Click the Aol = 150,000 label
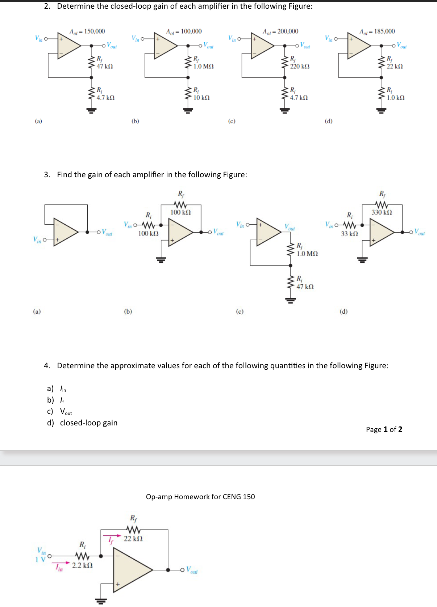coord(87,31)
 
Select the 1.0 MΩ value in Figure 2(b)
coord(203,66)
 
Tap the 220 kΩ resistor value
coord(300,66)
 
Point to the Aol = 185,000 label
coord(377,31)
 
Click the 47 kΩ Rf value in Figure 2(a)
coord(105,66)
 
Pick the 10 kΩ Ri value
coord(201,98)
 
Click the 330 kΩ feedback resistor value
coord(382,212)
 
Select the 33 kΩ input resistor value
coord(349,234)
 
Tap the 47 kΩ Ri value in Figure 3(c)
coord(305,286)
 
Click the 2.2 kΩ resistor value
coord(82,565)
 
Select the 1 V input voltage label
coord(41,560)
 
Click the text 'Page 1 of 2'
coord(384,429)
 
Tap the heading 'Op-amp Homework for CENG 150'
coord(200,497)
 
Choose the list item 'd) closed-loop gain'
coord(82,423)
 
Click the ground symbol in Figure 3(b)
coord(161,259)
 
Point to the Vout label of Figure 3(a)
coord(107,232)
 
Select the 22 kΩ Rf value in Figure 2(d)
coord(395,66)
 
